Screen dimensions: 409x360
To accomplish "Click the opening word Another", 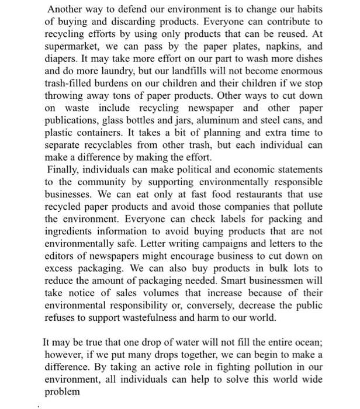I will coord(66,9).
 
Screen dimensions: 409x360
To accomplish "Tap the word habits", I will coord(307,9).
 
